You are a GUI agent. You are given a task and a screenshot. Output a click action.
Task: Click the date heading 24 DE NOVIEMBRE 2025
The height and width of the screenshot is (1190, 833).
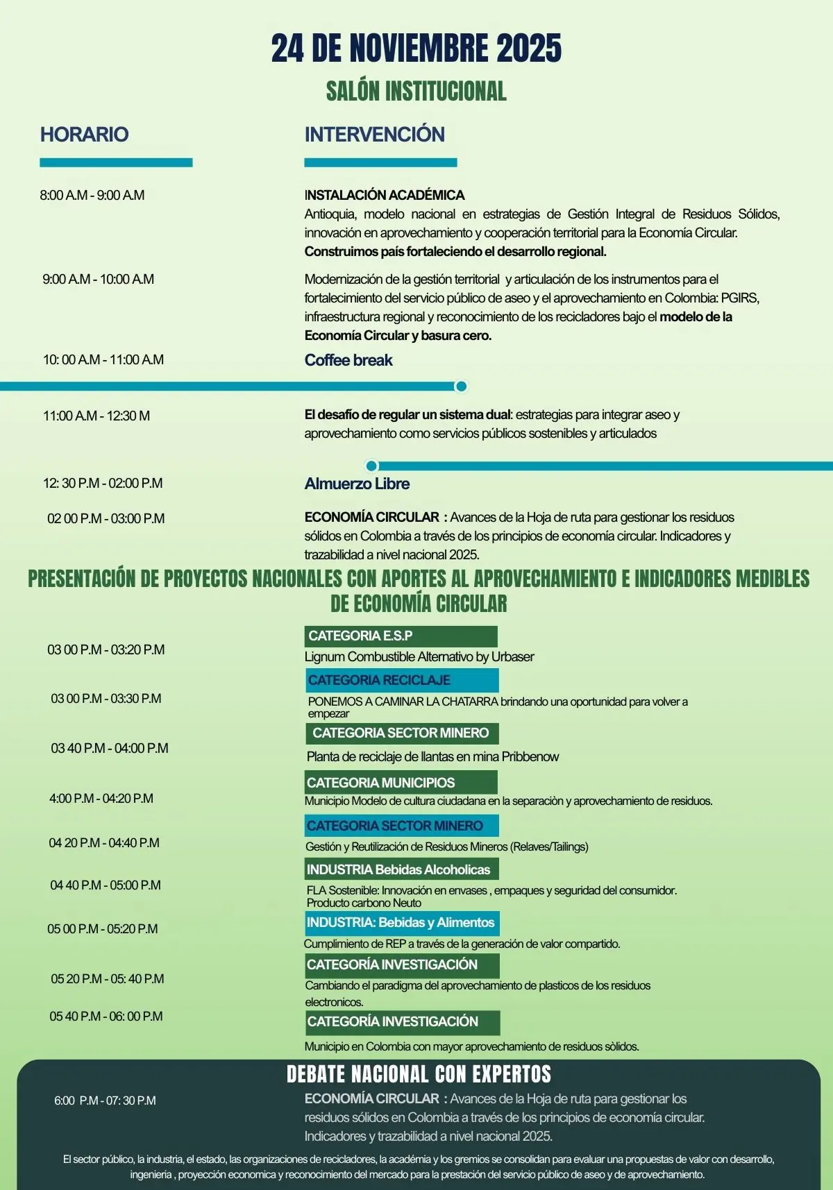click(416, 49)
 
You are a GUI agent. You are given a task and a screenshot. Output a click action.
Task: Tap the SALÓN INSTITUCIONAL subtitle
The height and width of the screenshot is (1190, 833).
click(416, 91)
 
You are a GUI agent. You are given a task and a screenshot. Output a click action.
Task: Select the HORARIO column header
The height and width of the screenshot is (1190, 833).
click(84, 134)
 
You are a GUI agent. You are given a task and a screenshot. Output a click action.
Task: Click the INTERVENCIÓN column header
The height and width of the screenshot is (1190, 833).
click(374, 134)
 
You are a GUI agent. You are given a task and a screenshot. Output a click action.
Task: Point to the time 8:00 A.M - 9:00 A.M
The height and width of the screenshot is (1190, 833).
click(92, 195)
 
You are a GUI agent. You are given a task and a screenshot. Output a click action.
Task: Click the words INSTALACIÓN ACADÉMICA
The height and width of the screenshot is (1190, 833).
click(384, 195)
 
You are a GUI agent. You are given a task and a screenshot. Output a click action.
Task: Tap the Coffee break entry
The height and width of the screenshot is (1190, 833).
click(348, 360)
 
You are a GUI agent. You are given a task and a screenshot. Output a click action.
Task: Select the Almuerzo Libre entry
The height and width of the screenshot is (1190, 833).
click(357, 484)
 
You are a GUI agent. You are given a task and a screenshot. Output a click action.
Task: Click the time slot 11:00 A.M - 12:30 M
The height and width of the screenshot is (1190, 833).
click(96, 416)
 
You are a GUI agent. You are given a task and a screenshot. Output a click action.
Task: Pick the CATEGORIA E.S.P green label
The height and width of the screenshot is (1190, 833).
click(401, 636)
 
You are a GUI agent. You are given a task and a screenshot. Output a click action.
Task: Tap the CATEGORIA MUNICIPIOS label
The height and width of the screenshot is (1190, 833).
click(401, 782)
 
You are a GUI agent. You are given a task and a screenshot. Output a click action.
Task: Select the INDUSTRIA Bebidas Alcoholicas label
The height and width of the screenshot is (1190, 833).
click(401, 869)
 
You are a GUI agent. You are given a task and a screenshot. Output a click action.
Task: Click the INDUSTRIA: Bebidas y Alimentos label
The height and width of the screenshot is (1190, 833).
click(401, 923)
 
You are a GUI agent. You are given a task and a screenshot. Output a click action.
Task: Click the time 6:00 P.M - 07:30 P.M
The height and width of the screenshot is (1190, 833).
click(105, 1100)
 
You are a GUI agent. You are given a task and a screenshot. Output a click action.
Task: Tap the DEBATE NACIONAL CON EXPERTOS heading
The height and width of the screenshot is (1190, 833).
click(419, 1074)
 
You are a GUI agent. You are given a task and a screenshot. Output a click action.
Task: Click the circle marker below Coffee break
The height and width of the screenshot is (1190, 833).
click(460, 386)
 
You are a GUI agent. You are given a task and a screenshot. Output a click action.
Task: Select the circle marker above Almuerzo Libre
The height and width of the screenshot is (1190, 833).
click(371, 466)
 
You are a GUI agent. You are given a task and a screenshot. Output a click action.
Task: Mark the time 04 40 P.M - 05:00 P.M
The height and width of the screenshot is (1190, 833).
click(106, 885)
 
